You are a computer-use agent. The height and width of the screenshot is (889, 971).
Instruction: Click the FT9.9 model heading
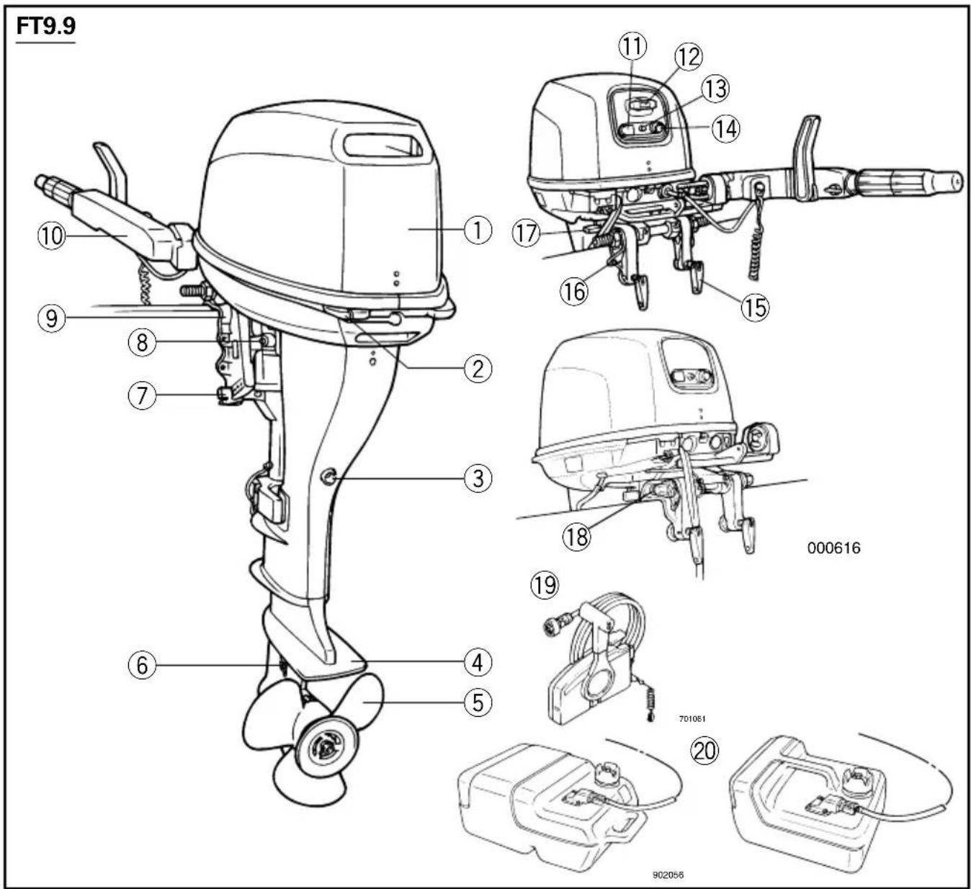[x=46, y=26]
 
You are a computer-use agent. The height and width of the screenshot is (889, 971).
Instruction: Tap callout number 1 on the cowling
[x=478, y=230]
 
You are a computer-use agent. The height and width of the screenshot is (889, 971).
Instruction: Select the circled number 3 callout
[x=478, y=479]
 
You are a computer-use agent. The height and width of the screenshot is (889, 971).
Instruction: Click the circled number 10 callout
[x=51, y=236]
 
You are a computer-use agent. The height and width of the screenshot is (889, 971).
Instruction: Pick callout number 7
[x=142, y=395]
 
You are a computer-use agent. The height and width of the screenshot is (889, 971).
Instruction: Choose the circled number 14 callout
[x=726, y=129]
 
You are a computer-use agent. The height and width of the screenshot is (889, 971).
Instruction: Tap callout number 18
[x=577, y=537]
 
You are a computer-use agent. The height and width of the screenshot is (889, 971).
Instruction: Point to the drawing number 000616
[x=833, y=548]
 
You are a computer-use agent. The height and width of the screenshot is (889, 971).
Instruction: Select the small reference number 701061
[x=692, y=719]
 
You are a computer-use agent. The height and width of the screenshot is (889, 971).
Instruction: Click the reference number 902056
[x=668, y=875]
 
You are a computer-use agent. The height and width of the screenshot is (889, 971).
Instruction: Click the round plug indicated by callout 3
[x=329, y=478]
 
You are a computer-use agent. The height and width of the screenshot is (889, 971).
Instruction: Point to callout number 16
[x=574, y=292]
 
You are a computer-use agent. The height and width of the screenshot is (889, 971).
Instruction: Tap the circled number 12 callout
[x=689, y=57]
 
